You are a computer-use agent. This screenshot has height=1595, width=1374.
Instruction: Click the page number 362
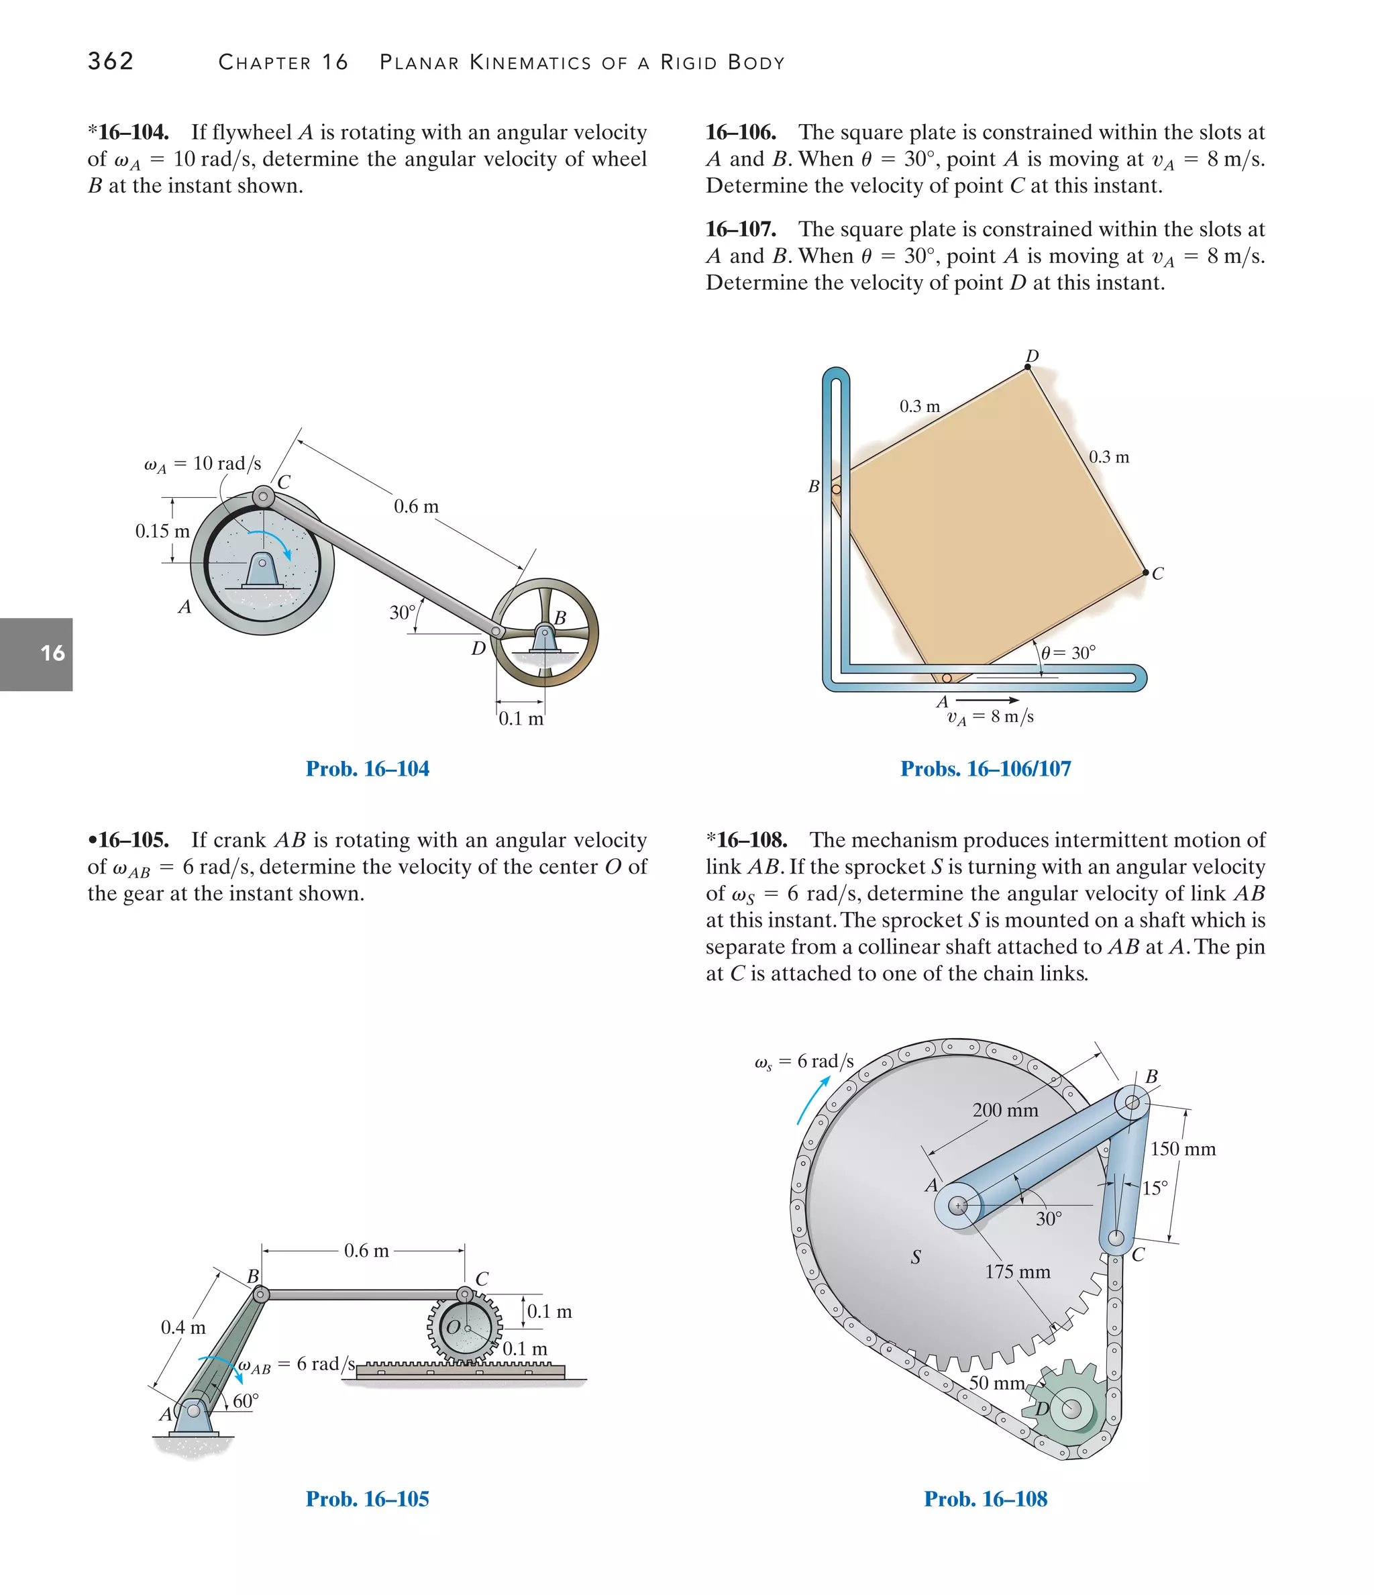tap(111, 61)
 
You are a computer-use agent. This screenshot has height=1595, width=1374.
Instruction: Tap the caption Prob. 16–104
tap(367, 768)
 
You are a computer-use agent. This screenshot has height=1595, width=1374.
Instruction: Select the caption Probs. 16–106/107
tap(986, 768)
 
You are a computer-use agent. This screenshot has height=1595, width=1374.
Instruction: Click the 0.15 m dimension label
tap(162, 531)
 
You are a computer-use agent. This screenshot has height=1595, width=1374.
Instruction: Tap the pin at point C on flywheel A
tap(263, 497)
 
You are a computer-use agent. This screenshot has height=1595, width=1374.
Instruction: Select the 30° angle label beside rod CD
tap(402, 613)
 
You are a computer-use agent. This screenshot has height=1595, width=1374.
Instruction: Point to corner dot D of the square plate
tap(1028, 367)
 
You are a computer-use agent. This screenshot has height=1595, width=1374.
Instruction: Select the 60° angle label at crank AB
tap(246, 1400)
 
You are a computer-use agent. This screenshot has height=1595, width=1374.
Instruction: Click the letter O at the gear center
tap(454, 1327)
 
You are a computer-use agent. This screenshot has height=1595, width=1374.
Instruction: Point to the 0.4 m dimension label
tap(183, 1327)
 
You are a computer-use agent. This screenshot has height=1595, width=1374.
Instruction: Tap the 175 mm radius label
tap(1018, 1272)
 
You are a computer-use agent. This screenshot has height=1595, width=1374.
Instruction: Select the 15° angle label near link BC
tap(1155, 1188)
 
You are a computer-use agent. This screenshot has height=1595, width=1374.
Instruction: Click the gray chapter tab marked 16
tap(37, 654)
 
